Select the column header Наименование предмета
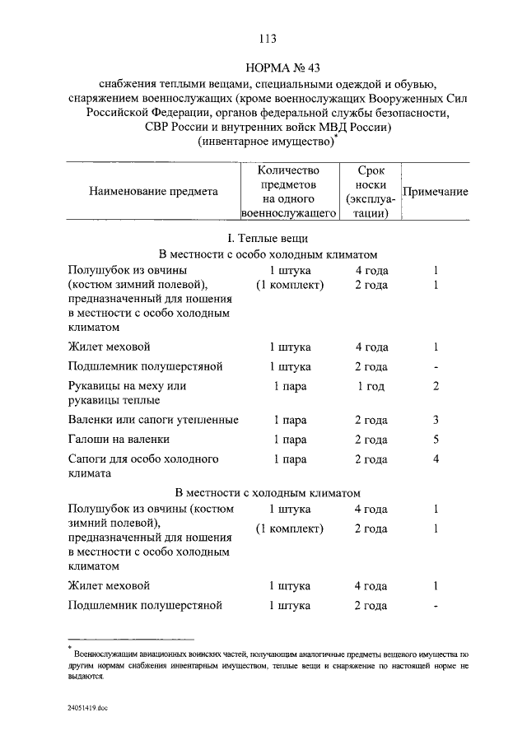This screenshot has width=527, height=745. tap(154, 192)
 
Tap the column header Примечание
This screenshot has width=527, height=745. tap(436, 192)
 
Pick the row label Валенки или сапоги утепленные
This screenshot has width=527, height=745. tap(154, 420)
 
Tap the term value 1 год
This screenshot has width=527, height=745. tap(371, 385)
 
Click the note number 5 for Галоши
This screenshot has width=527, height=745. tap(436, 440)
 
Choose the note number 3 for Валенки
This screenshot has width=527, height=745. tap(436, 420)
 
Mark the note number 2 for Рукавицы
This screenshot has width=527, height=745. tap(436, 385)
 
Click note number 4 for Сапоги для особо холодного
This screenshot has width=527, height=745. tap(436, 459)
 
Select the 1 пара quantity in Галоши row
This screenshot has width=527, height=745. tap(290, 440)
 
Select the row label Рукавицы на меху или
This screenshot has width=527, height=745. tap(127, 385)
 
